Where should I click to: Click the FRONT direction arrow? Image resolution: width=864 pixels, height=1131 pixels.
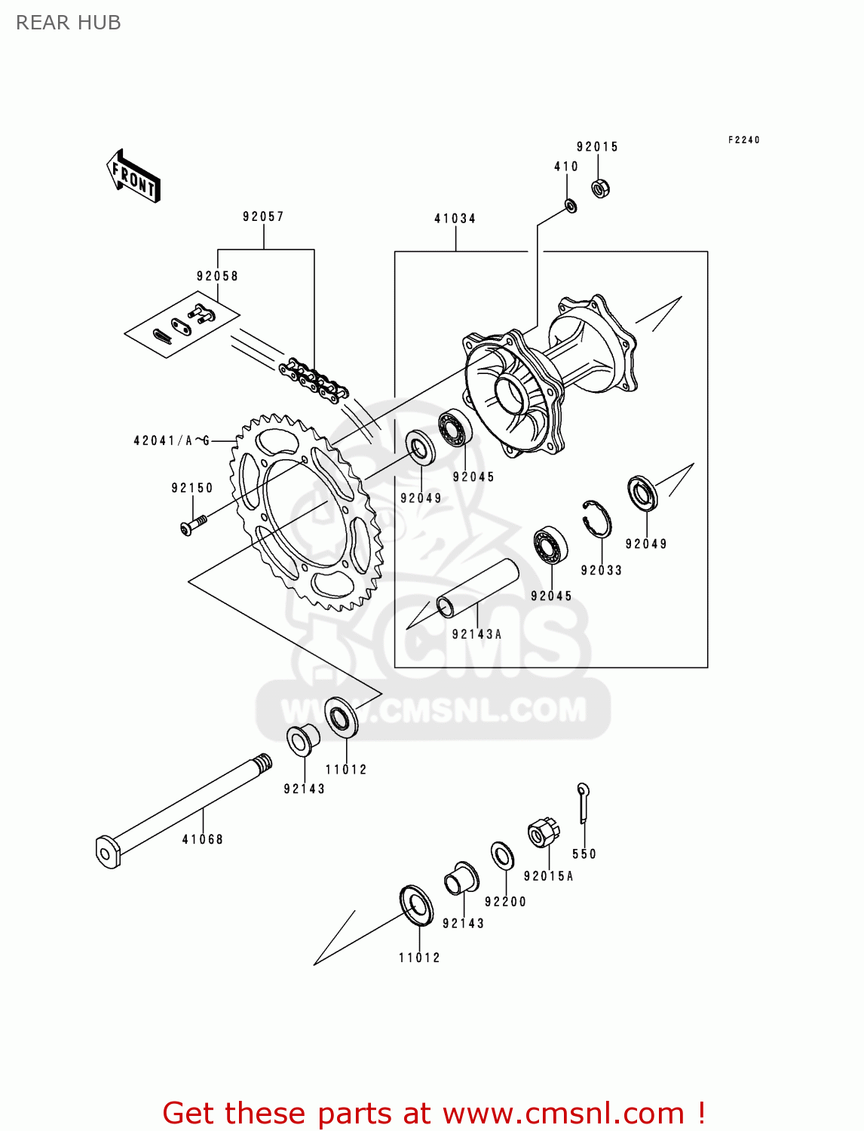tap(134, 176)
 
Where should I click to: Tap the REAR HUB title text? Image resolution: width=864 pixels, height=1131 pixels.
tap(68, 23)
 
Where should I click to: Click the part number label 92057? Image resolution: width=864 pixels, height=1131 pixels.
tap(263, 216)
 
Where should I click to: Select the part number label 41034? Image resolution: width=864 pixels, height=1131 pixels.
tap(455, 219)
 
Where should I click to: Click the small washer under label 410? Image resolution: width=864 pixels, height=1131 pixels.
tap(571, 205)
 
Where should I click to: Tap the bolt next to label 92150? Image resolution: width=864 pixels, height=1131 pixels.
tap(194, 524)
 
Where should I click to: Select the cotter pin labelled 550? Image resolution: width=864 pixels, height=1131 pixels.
tap(584, 803)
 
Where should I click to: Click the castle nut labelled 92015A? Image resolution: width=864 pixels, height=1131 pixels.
tap(542, 832)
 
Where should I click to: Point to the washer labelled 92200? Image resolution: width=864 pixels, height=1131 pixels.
tap(502, 856)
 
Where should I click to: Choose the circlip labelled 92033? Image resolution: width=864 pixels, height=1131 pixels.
tap(596, 518)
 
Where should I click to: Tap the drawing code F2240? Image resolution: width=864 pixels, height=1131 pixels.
tap(743, 140)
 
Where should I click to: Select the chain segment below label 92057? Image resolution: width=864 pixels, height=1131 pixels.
tap(313, 381)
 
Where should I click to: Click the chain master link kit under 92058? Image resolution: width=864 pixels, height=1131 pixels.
tap(182, 324)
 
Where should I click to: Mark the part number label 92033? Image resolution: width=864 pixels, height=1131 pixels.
tap(601, 571)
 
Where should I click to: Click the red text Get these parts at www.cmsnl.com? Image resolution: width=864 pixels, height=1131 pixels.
tap(434, 1113)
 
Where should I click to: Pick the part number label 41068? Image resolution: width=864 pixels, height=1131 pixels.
tap(202, 839)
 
